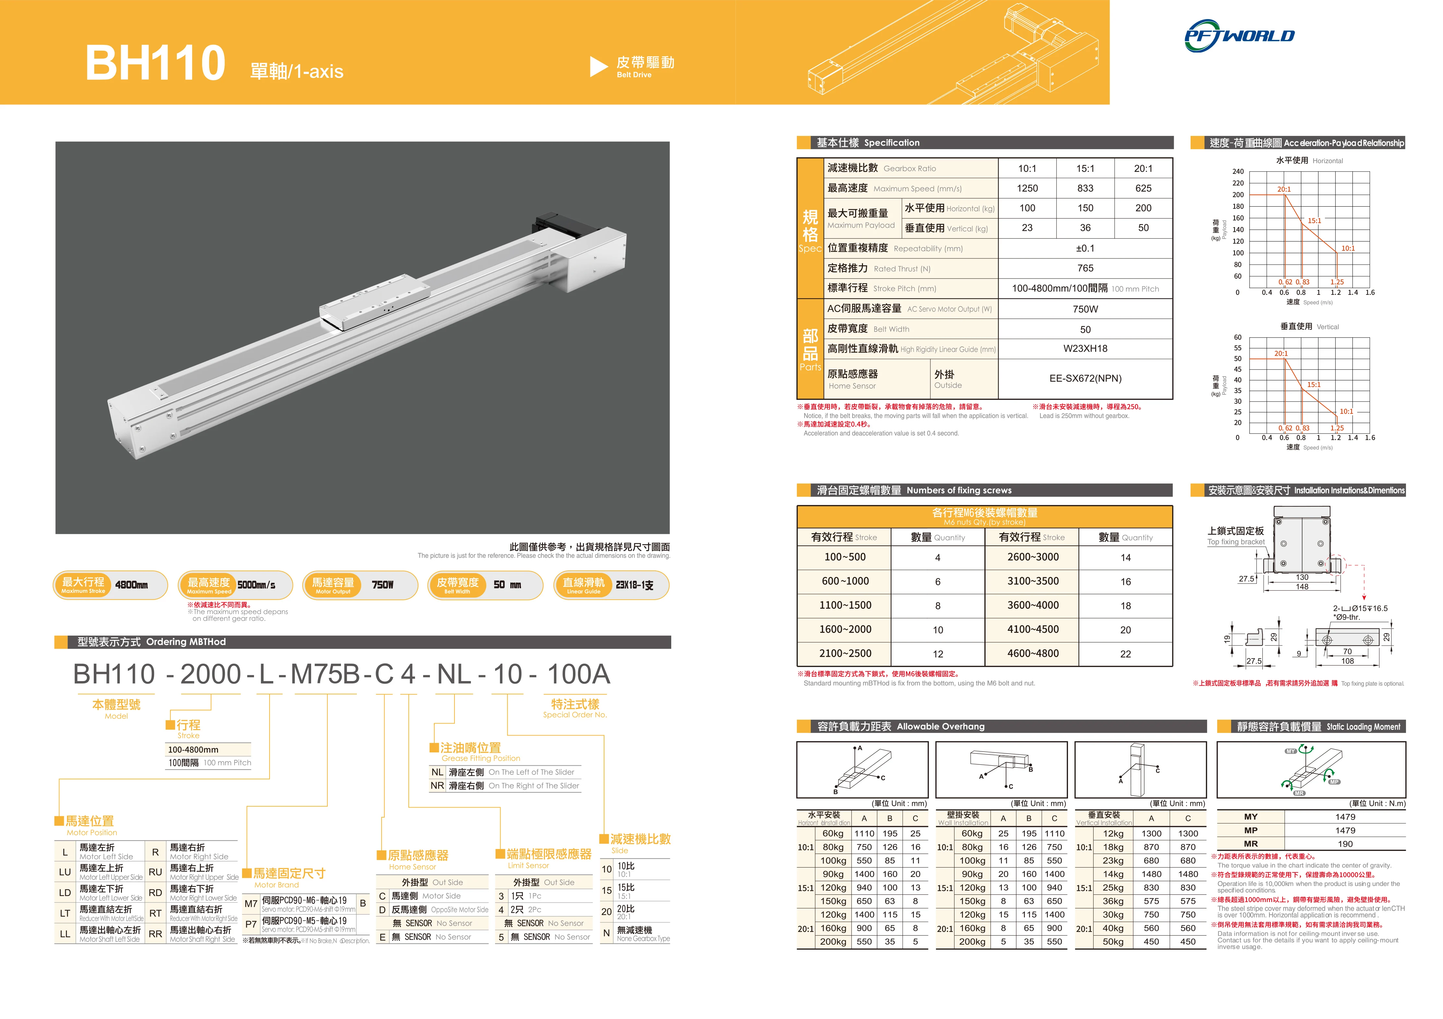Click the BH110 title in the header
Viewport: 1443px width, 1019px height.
coord(155,63)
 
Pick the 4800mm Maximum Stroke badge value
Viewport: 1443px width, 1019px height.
coord(131,585)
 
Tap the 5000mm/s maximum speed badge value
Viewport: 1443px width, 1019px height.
coord(256,585)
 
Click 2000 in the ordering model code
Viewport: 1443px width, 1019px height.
coord(211,674)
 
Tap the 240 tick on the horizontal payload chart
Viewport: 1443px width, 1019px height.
coord(1238,172)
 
